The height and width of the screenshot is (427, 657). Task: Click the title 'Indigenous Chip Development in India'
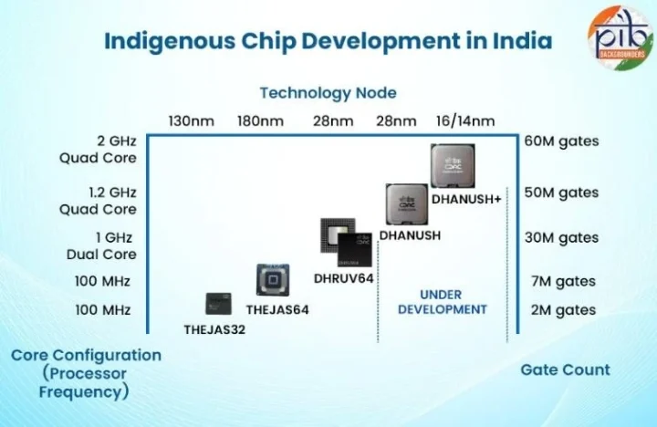pyautogui.click(x=328, y=41)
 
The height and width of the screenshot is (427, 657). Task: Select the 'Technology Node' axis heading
pyautogui.click(x=328, y=93)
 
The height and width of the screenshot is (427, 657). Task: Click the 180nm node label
pyautogui.click(x=259, y=121)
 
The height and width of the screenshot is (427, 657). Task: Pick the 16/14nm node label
pyautogui.click(x=465, y=121)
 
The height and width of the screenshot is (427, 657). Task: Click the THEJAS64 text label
pyautogui.click(x=277, y=310)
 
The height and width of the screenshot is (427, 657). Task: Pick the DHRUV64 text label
pyautogui.click(x=345, y=277)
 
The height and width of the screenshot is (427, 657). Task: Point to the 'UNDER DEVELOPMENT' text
pyautogui.click(x=441, y=302)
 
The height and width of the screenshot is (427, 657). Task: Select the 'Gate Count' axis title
pyautogui.click(x=565, y=370)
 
